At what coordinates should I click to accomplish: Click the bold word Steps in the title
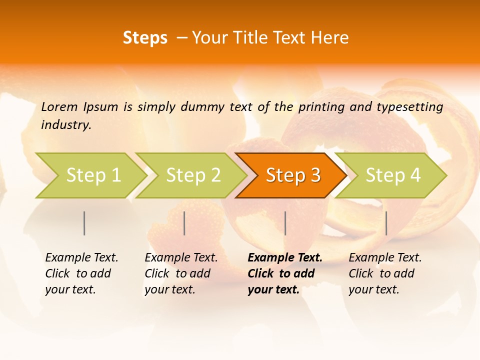(145, 38)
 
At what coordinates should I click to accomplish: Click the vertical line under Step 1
(84, 223)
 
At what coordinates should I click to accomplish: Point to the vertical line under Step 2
(184, 223)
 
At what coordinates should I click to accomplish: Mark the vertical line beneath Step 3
(285, 223)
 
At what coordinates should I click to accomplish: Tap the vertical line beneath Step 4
(386, 223)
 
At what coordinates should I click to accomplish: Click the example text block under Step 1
(81, 273)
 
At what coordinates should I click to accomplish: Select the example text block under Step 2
(181, 273)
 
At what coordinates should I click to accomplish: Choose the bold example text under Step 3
(284, 273)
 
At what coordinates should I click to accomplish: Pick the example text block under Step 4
(385, 273)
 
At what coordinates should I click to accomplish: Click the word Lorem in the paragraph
(59, 106)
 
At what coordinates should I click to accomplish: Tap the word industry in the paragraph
(65, 125)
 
